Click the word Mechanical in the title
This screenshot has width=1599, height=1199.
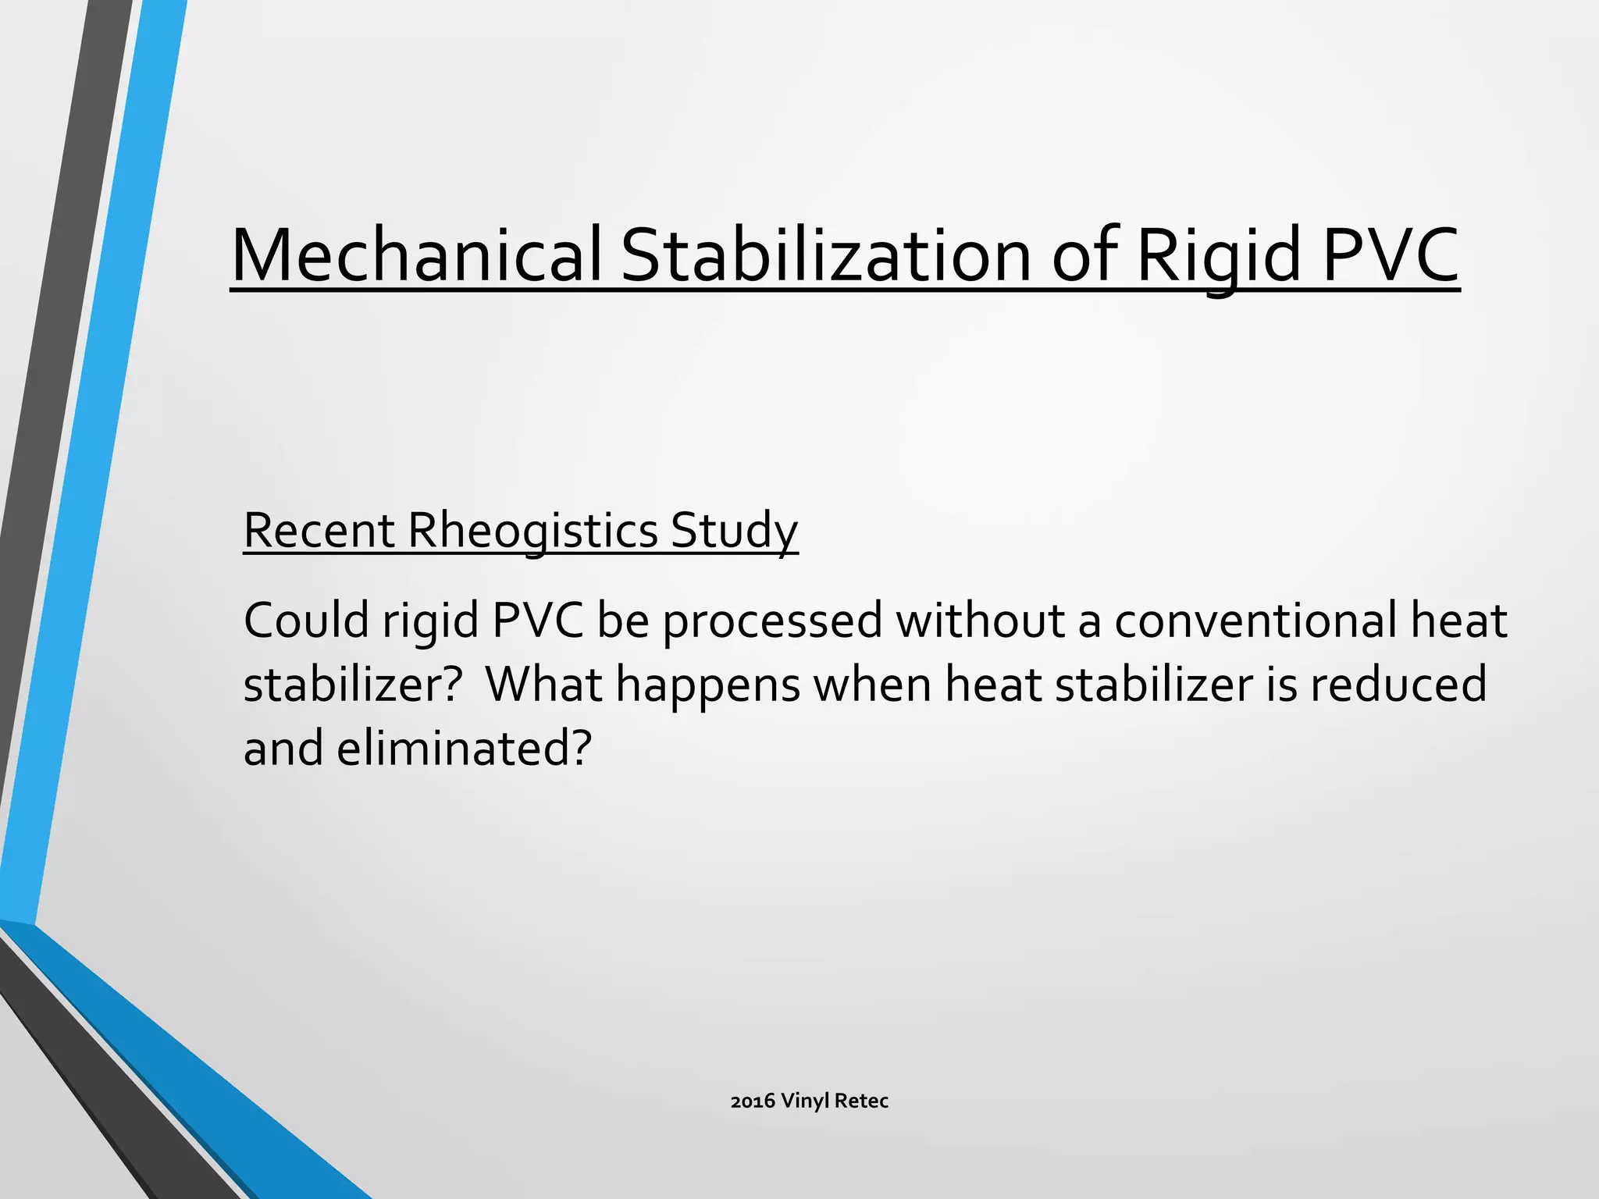click(x=416, y=256)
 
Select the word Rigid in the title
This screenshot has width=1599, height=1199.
click(x=1217, y=256)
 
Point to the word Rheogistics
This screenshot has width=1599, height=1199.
click(x=533, y=531)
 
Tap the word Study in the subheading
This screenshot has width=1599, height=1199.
click(x=734, y=531)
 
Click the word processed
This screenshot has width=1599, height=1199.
click(x=772, y=621)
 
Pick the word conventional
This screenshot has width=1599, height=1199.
click(x=1255, y=621)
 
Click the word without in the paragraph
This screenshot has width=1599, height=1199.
click(x=979, y=621)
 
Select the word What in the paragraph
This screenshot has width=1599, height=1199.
click(x=543, y=685)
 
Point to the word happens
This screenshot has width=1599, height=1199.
click(x=708, y=685)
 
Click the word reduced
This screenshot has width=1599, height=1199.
click(x=1398, y=685)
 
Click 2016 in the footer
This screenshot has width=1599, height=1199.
click(x=753, y=1101)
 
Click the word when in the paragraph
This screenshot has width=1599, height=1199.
click(x=873, y=685)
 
